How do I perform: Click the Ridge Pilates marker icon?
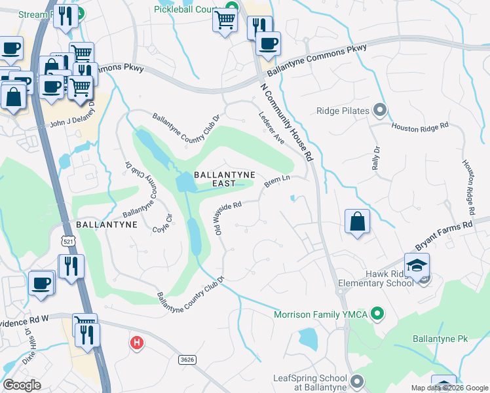tap(379, 109)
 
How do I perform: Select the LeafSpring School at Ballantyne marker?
tap(356, 381)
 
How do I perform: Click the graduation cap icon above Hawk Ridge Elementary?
tap(417, 265)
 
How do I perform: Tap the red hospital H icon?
tap(136, 342)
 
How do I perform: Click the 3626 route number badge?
tap(187, 359)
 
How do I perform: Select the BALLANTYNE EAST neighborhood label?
tap(214, 179)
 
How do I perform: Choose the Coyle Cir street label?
tap(162, 223)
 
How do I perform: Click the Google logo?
tap(22, 385)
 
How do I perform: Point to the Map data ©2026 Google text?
tap(449, 388)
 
